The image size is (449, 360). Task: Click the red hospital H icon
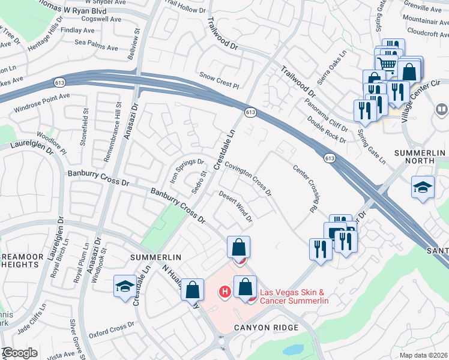224,292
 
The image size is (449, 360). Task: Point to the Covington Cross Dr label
249,179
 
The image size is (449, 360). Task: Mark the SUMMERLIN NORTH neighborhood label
420,158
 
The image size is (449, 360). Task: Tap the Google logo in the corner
19,353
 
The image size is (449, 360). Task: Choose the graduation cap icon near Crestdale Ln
124,286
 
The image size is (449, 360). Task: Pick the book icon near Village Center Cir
441,110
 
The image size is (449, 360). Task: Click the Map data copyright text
423,355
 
